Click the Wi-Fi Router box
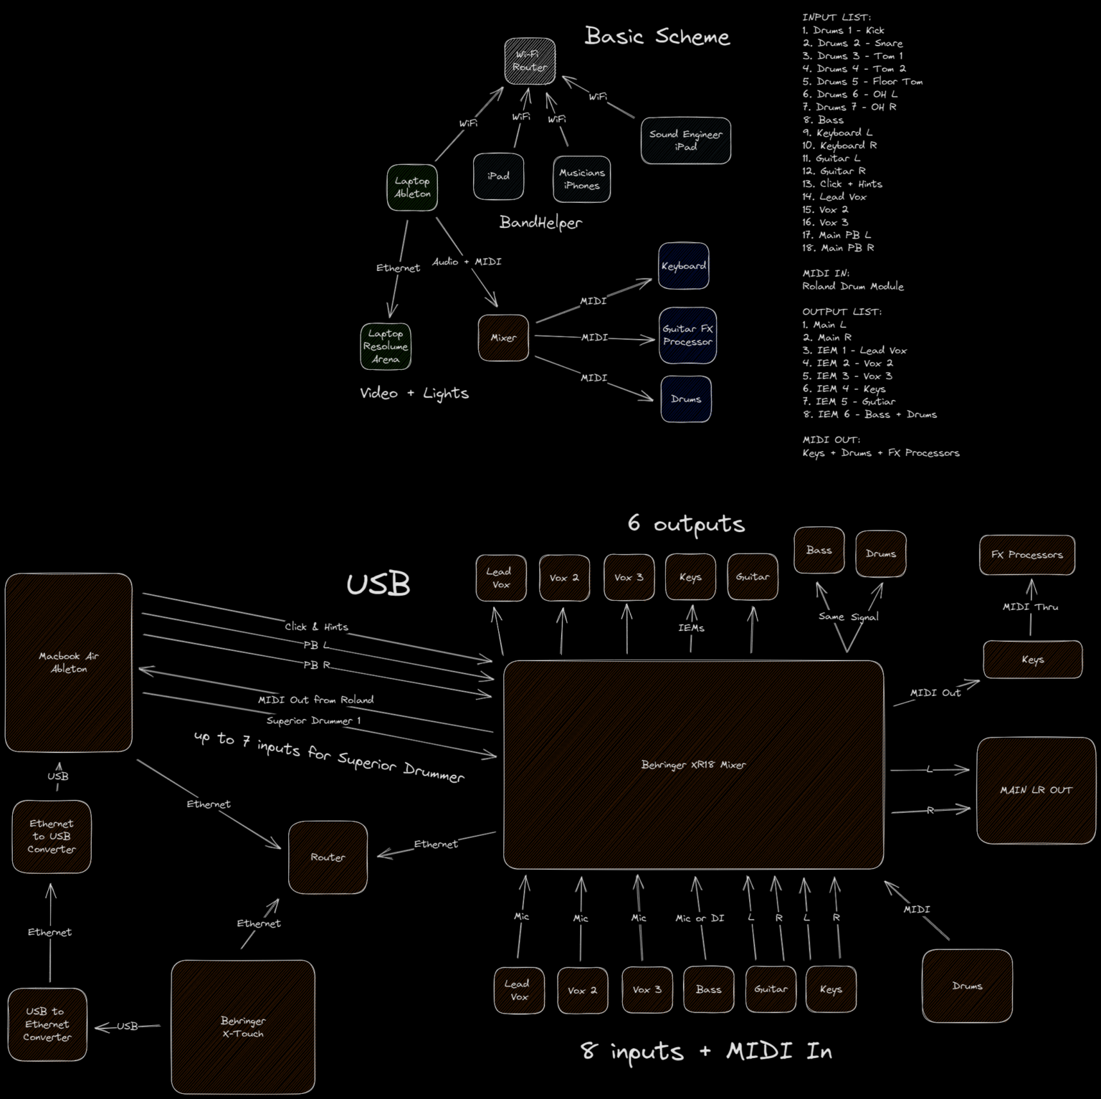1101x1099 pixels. click(x=530, y=61)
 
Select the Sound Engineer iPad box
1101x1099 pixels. click(x=686, y=141)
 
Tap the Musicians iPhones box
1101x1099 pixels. click(x=581, y=179)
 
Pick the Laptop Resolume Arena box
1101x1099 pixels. click(x=386, y=346)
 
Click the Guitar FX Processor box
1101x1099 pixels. click(x=687, y=336)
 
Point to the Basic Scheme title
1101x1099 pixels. click(x=657, y=36)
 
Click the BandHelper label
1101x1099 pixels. click(x=540, y=222)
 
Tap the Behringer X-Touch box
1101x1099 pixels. click(x=243, y=1027)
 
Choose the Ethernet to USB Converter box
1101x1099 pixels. click(x=52, y=837)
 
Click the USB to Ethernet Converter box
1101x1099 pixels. click(x=47, y=1024)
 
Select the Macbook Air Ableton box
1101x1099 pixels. click(x=69, y=662)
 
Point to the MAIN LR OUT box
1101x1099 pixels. click(x=1036, y=790)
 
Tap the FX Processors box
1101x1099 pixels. click(x=1027, y=555)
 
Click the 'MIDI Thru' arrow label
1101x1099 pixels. click(x=1030, y=607)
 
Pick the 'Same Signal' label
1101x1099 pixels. click(x=849, y=617)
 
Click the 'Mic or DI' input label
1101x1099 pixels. click(x=700, y=918)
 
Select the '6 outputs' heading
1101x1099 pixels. click(x=686, y=524)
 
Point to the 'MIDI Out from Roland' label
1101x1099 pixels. click(x=315, y=700)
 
